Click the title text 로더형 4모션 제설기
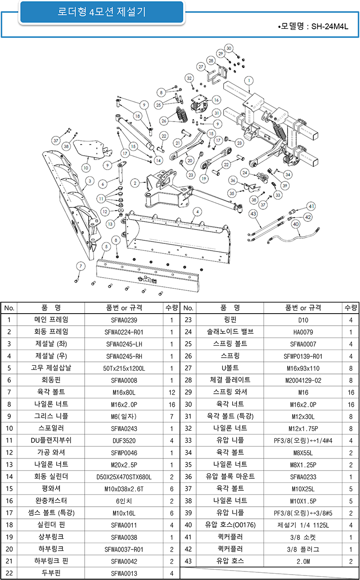(x=101, y=12)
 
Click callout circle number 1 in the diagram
(x=248, y=81)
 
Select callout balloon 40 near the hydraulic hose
(x=296, y=224)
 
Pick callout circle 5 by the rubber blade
(x=106, y=246)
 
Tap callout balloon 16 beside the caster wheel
(x=216, y=100)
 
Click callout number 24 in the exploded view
(x=245, y=173)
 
